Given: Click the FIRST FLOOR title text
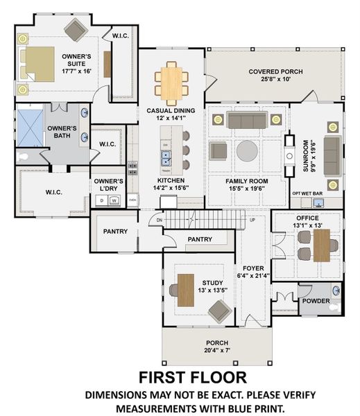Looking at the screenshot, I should click(x=192, y=377).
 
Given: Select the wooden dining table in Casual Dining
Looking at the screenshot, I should click(x=171, y=80).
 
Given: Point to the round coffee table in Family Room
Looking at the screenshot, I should click(x=248, y=150).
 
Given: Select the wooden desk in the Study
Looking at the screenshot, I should click(x=186, y=290).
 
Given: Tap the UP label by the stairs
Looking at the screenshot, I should click(x=252, y=220).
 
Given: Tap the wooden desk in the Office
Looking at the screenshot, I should click(x=321, y=245).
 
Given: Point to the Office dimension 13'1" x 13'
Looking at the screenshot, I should click(x=307, y=225).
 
